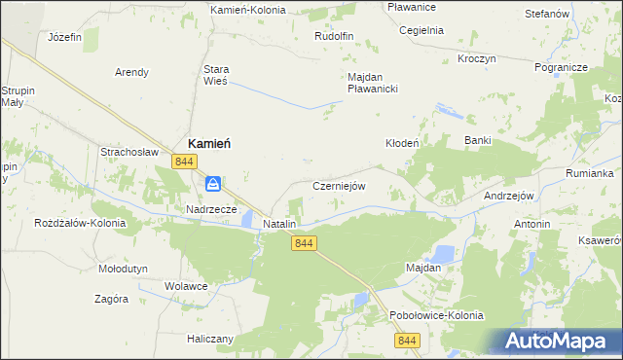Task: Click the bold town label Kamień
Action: [x=208, y=143]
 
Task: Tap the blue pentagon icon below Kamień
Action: [x=213, y=183]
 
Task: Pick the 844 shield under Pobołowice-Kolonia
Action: [x=407, y=340]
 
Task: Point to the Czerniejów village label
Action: [x=338, y=186]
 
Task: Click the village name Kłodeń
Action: [x=402, y=142]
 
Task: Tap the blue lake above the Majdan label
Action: [x=443, y=253]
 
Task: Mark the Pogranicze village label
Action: [x=560, y=68]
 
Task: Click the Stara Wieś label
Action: [x=214, y=76]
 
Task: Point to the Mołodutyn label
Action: [x=123, y=268]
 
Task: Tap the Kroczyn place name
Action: [x=477, y=58]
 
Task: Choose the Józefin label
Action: [x=64, y=37]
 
